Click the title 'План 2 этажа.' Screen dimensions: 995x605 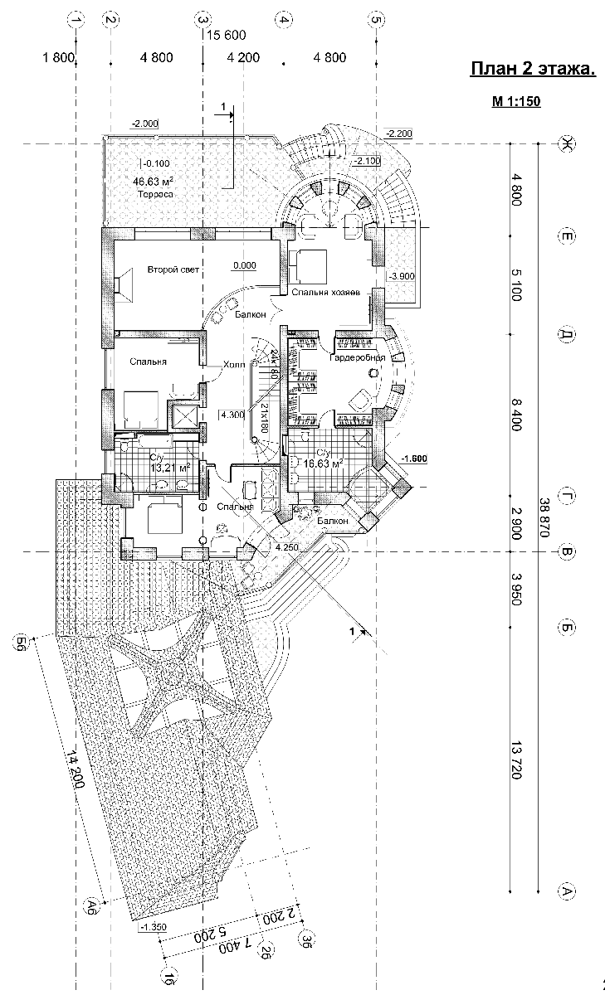pyautogui.click(x=532, y=69)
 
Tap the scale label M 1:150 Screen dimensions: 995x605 pyautogui.click(x=516, y=103)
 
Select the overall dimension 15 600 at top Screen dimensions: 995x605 pyautogui.click(x=226, y=35)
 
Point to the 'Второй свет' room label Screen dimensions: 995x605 pyautogui.click(x=173, y=269)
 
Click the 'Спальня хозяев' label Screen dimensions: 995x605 pyautogui.click(x=324, y=294)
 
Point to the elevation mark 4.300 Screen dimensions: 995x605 pyautogui.click(x=232, y=415)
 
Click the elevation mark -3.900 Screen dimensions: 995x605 pyautogui.click(x=401, y=276)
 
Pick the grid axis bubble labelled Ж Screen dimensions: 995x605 pyautogui.click(x=568, y=143)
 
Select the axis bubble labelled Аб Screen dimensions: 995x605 pyautogui.click(x=93, y=904)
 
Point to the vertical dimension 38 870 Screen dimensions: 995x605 pyautogui.click(x=544, y=518)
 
